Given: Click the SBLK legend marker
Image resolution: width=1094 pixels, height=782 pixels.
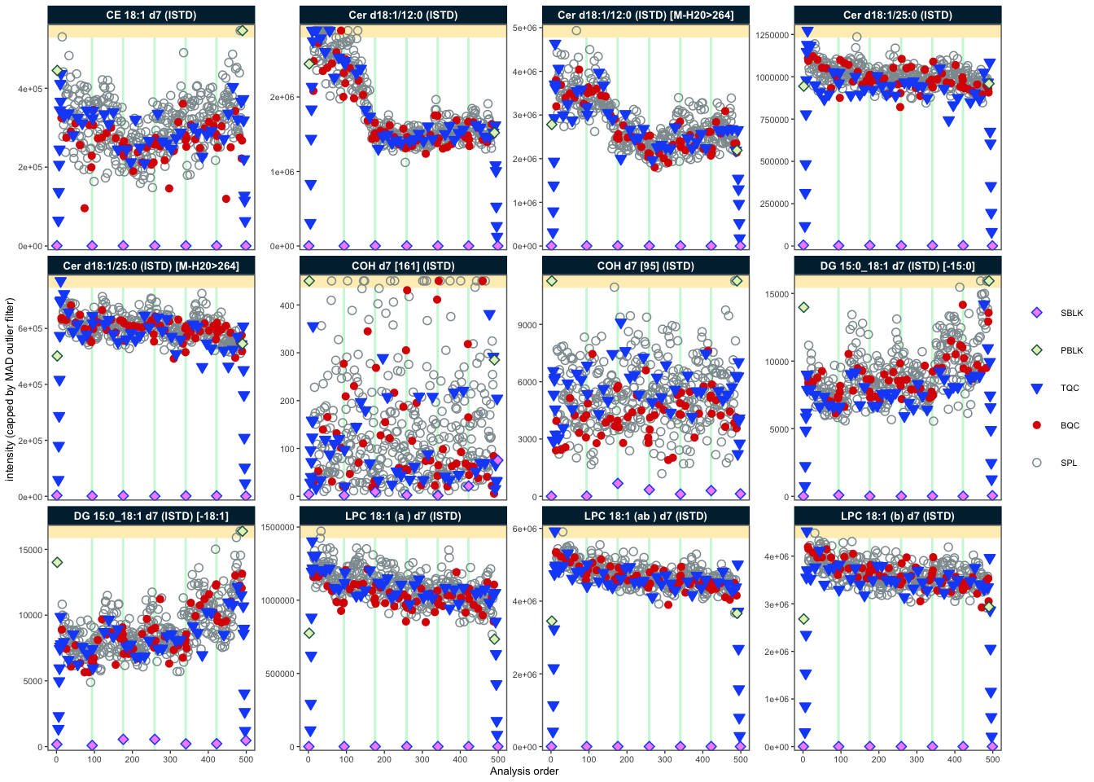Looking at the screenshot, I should tap(1037, 313).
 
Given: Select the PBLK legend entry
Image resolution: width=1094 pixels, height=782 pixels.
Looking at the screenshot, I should tap(1037, 350).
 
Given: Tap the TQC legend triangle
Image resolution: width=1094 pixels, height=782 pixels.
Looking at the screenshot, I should tap(1037, 389).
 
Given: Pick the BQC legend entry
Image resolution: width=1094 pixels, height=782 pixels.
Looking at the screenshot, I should tap(1037, 425).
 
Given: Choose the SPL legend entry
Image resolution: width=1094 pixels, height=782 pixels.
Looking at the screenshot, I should tap(1037, 463).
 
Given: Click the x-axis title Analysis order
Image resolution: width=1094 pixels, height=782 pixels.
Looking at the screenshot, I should tap(524, 771).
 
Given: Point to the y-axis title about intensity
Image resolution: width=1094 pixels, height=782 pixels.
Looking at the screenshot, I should tap(10, 389).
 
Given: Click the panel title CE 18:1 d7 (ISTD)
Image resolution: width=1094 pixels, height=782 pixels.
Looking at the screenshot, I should tap(151, 15).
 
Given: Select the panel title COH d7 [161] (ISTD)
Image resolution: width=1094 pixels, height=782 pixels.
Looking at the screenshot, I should tap(403, 266).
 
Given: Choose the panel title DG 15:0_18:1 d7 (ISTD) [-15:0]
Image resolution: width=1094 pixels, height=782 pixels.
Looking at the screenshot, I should tap(898, 266).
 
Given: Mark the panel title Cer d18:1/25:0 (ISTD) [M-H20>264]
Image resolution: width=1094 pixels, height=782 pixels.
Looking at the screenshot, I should tap(151, 266).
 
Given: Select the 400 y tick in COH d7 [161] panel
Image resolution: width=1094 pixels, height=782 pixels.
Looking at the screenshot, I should tap(286, 305).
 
